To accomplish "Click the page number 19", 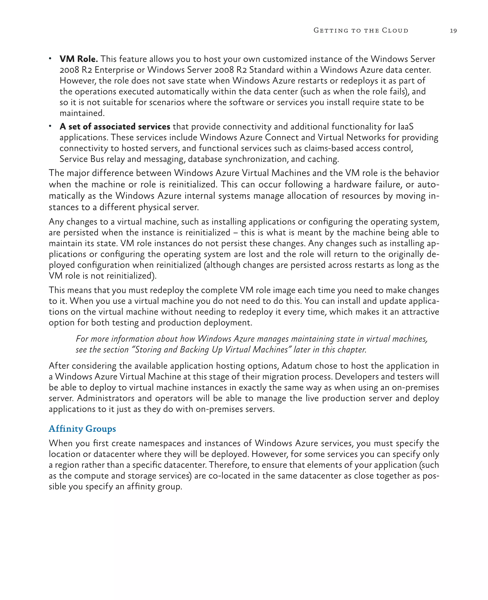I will [x=453, y=31].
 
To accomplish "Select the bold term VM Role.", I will [x=78, y=59].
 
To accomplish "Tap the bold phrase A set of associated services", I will [x=115, y=127].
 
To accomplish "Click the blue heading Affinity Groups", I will [x=82, y=429].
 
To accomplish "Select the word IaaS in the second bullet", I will [x=406, y=127].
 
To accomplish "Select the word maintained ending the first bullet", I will [x=82, y=113].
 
